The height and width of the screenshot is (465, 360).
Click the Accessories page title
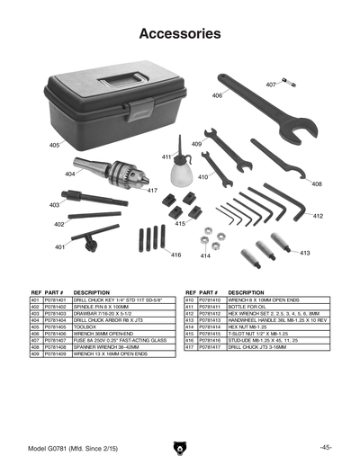[x=180, y=34]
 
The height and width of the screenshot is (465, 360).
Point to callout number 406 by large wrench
[x=218, y=95]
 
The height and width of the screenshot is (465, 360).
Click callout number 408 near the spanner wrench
[x=317, y=183]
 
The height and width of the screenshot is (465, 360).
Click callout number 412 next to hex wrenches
[x=318, y=216]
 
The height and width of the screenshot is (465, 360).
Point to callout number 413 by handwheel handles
[x=305, y=254]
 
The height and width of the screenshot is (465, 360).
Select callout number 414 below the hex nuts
[x=205, y=256]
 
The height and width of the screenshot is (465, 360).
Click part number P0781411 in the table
[x=209, y=306]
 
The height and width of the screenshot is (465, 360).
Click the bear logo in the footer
[x=180, y=447]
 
